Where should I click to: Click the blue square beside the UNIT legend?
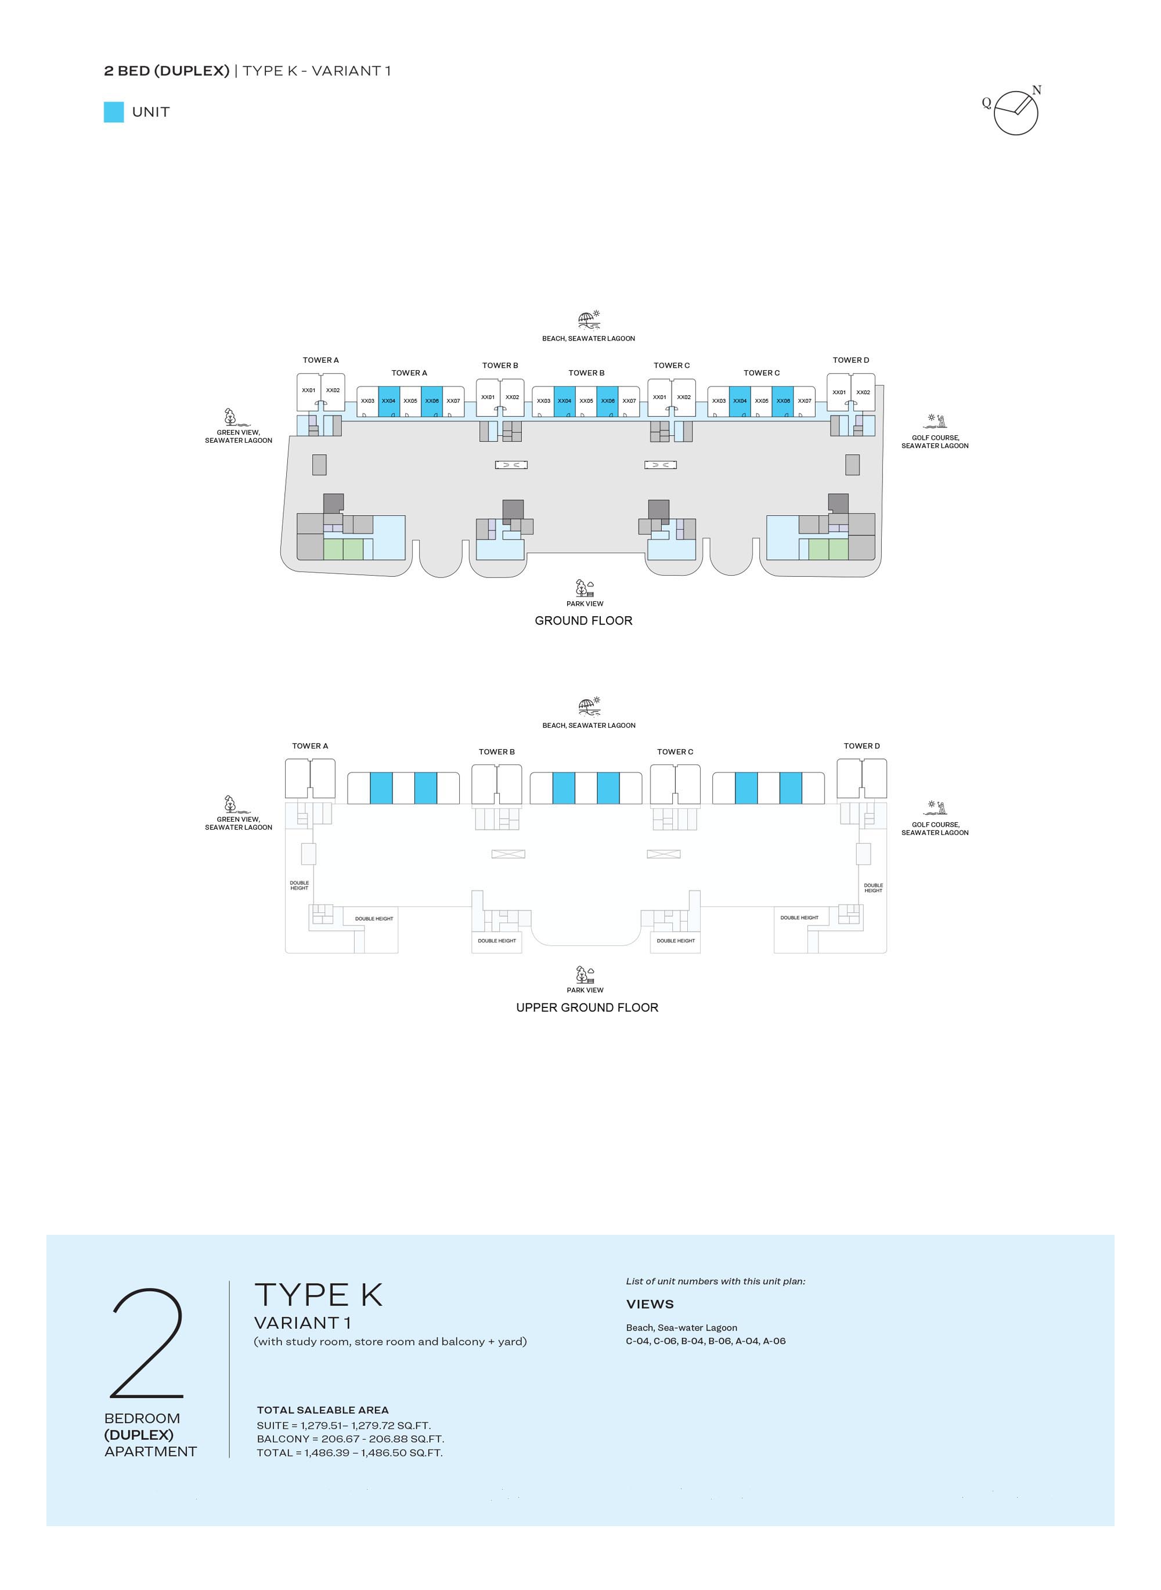point(114,113)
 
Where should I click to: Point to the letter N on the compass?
point(1037,90)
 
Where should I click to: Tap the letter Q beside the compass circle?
point(986,103)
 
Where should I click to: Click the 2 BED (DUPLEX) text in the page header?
point(167,71)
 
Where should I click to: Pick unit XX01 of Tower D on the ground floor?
point(839,393)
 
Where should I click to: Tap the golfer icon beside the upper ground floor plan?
point(938,808)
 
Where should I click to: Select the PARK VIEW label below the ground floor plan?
point(585,604)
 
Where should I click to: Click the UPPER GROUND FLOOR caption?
point(587,1007)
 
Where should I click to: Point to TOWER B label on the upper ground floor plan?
point(497,752)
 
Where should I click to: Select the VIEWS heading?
point(650,1304)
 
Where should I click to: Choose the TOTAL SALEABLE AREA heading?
point(323,1410)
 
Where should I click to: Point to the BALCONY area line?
point(351,1439)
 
